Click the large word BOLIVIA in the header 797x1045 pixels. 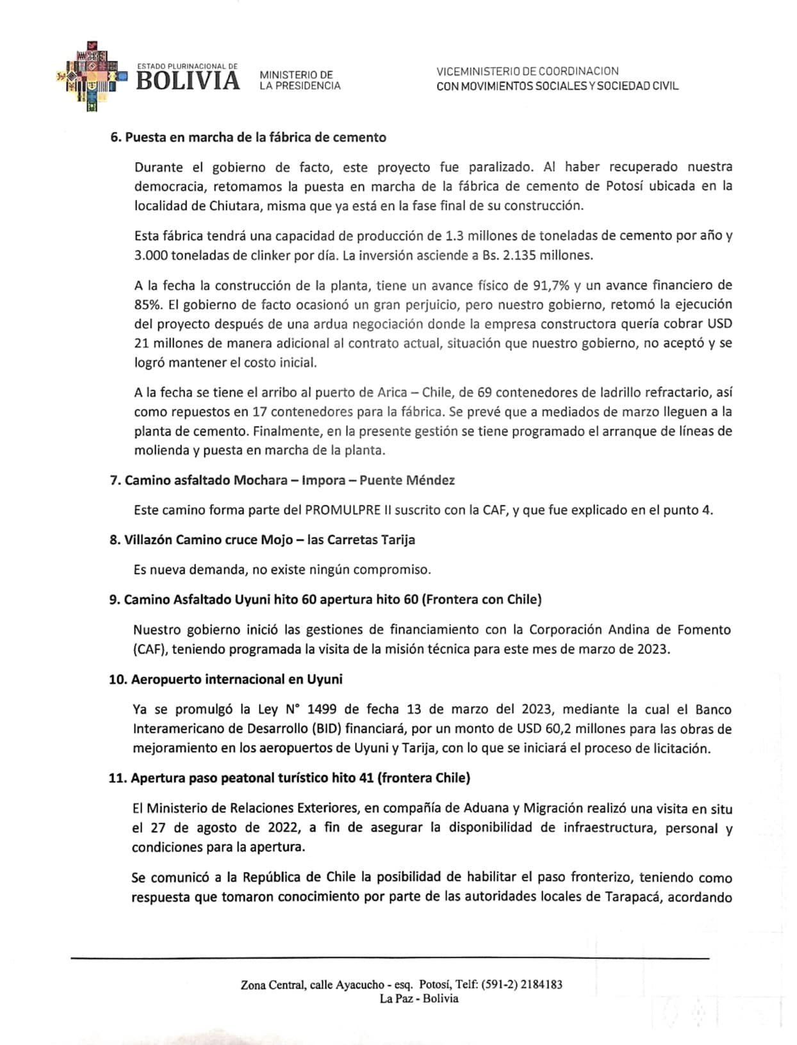tap(188, 81)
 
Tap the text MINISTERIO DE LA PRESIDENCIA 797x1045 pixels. tap(299, 80)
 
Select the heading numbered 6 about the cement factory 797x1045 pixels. tap(248, 137)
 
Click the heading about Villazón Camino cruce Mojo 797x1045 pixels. tap(262, 539)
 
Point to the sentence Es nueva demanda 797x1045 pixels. tap(282, 569)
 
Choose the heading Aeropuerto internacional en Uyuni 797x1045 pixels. tap(226, 679)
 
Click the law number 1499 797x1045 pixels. tap(322, 709)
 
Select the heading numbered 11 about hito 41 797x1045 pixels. tap(290, 778)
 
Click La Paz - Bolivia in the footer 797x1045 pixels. tap(419, 998)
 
